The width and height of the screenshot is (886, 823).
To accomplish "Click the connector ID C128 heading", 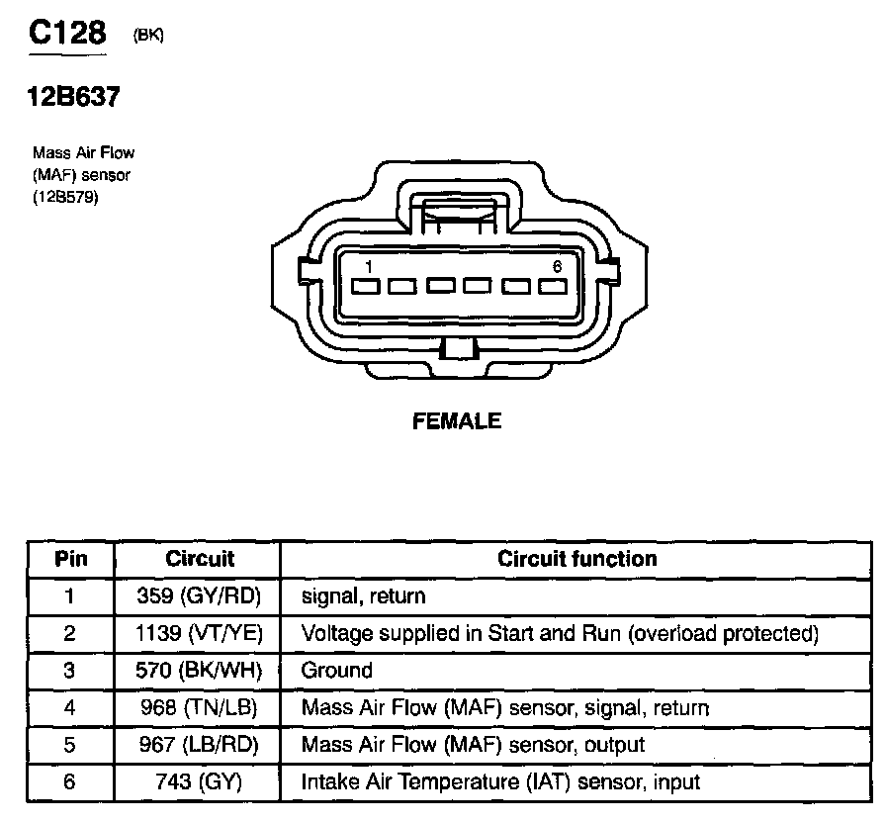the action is [67, 34].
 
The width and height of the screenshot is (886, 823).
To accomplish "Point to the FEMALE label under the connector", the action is [456, 421].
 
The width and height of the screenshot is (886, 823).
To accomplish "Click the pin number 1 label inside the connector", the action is [368, 266].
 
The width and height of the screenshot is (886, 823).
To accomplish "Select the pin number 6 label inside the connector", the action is [557, 266].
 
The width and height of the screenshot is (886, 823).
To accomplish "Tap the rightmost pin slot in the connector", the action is [553, 287].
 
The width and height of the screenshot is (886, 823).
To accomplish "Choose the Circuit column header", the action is [200, 559].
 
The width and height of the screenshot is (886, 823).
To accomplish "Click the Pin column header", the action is [70, 559].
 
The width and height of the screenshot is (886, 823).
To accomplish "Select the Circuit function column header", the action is [576, 559].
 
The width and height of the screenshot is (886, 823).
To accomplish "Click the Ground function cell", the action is [337, 671].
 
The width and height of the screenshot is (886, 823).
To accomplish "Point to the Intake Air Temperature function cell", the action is [500, 782].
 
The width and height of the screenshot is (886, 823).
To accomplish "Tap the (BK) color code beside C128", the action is [147, 36].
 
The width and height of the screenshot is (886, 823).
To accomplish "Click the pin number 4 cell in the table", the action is [70, 707].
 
